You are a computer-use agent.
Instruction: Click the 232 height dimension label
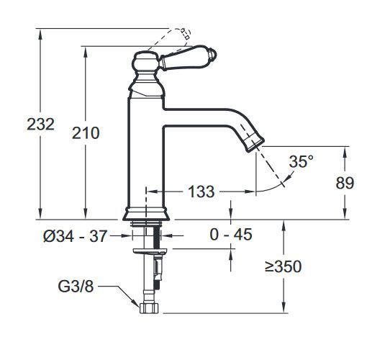coord(40,124)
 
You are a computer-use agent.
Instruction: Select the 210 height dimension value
coord(86,132)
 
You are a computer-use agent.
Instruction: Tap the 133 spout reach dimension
coord(201,192)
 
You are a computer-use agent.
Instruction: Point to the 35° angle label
coord(301,161)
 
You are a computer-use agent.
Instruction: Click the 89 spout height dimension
coord(345,183)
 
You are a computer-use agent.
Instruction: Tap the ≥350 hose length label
coord(282,267)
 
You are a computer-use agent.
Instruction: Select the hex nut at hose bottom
coord(148,307)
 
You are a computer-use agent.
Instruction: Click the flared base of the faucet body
coord(146,213)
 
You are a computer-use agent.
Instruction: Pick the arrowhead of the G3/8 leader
coord(137,305)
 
